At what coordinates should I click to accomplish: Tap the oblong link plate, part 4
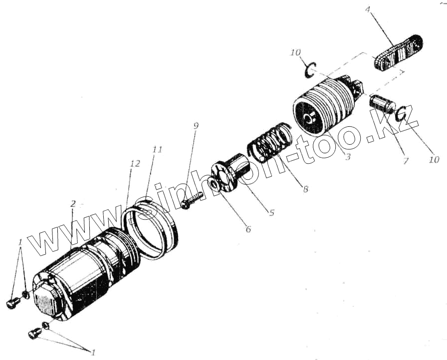click(x=398, y=52)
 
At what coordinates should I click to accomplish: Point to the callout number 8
click(x=305, y=189)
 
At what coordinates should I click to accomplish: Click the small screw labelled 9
click(x=191, y=200)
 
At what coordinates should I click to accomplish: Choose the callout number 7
click(x=405, y=161)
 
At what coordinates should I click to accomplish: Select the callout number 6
click(x=248, y=230)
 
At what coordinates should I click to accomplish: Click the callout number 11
click(x=157, y=150)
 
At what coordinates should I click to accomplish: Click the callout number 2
click(x=73, y=204)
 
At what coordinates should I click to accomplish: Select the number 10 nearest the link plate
click(x=295, y=53)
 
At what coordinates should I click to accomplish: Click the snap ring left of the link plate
click(x=310, y=69)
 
